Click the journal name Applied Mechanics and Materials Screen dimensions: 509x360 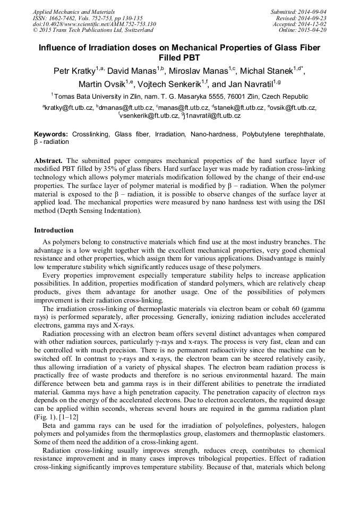67,12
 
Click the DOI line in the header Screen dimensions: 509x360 94,24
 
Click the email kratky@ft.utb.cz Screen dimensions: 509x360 70,108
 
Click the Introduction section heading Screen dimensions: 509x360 54,230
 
